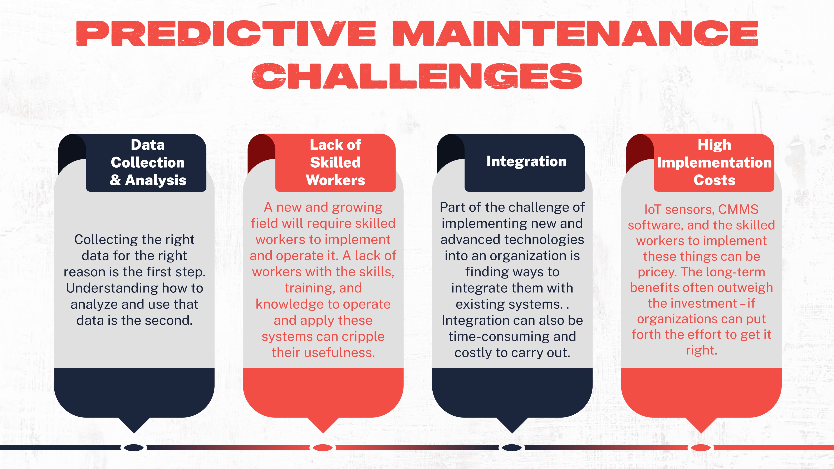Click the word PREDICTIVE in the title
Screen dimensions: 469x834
[x=226, y=33]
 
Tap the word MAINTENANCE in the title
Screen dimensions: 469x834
[x=575, y=33]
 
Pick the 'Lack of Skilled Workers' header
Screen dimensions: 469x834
[x=335, y=163]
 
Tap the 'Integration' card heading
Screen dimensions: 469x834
[x=526, y=162]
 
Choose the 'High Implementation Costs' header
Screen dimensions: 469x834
[x=714, y=163]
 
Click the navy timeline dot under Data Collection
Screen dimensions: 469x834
[x=134, y=448]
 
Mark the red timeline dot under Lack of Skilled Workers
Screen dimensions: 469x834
[x=323, y=448]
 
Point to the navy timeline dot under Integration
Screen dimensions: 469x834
[x=511, y=448]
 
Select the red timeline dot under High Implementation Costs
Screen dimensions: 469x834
[x=701, y=448]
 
